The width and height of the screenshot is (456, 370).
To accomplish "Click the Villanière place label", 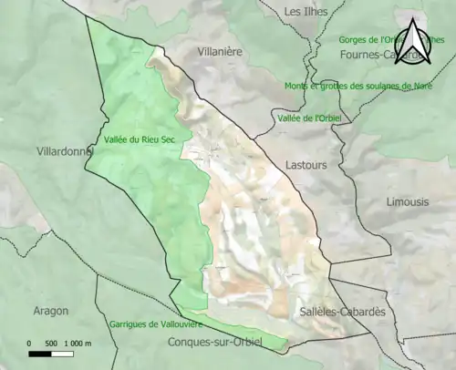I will [x=220, y=52].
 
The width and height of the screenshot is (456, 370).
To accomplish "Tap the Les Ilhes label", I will [x=305, y=12].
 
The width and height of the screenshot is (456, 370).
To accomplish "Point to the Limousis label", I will [x=406, y=201].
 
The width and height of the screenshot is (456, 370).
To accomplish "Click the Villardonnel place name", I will [x=63, y=151].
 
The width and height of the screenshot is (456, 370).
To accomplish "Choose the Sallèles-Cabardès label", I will [x=342, y=312].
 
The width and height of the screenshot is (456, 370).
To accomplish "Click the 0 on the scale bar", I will [x=29, y=344].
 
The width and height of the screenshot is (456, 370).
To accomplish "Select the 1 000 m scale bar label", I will [x=80, y=344].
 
